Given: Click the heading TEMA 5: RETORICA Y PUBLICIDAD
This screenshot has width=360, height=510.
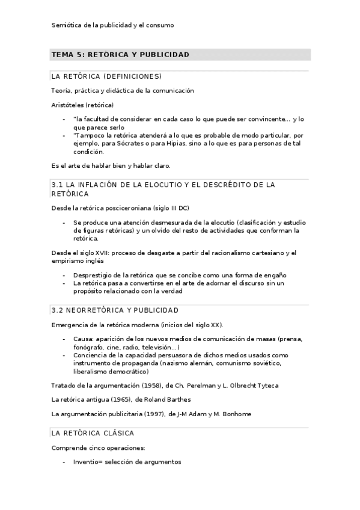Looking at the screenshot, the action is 120,55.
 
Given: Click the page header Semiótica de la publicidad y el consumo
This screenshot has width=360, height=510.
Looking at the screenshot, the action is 113,25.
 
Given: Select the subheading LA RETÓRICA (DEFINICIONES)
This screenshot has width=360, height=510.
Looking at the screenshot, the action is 106,76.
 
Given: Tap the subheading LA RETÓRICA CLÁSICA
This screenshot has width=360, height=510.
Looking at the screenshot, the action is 93,433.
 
